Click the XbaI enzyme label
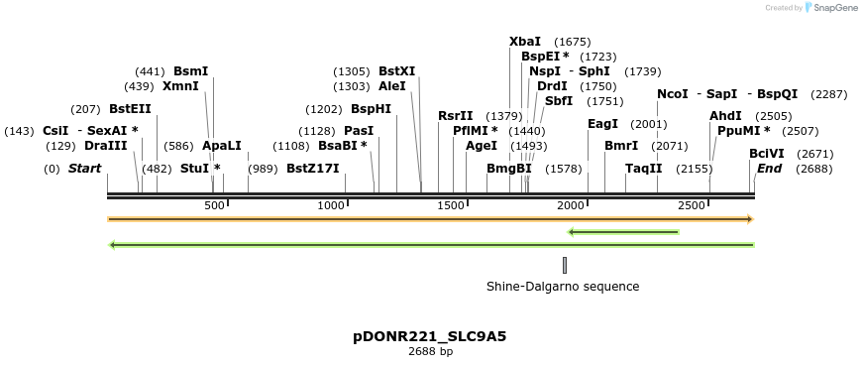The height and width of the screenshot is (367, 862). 525,42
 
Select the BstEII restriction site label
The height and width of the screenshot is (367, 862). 130,108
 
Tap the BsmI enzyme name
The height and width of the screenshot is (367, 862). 190,71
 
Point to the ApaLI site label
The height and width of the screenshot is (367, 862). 221,146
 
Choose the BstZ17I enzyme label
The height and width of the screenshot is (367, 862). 312,169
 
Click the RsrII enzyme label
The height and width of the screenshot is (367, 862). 456,116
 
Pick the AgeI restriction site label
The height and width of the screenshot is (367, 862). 482,146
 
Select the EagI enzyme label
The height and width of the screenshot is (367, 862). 602,124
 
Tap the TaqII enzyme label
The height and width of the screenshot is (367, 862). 643,169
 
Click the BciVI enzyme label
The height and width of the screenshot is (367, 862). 767,154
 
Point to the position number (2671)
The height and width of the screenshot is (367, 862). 815,154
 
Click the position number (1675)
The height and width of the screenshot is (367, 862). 573,42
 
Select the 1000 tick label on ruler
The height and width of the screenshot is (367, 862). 330,205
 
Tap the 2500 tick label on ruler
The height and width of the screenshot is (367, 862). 691,205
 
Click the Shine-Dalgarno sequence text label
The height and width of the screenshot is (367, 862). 563,287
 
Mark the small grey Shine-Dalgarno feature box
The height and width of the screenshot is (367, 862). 565,265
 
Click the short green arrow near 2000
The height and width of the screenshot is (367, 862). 623,232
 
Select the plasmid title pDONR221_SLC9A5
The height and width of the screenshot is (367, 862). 430,336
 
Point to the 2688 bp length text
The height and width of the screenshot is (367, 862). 430,351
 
